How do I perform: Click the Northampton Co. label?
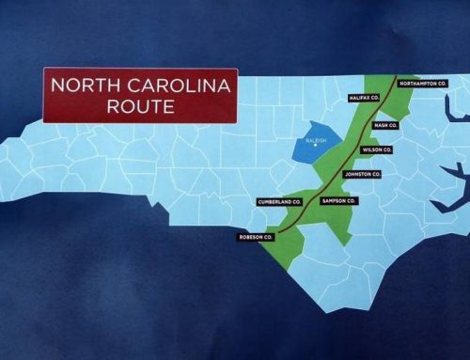[x=422, y=84]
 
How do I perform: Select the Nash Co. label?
[x=386, y=125]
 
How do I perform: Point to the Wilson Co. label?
[x=376, y=149]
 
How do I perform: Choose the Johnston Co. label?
[x=362, y=175]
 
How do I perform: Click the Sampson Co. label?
[x=338, y=201]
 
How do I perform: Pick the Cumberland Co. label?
[x=279, y=201]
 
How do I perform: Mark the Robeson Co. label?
[x=255, y=237]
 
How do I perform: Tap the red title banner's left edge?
[x=44, y=96]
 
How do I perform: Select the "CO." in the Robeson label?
[x=268, y=237]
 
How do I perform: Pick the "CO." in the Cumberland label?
[x=296, y=201]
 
